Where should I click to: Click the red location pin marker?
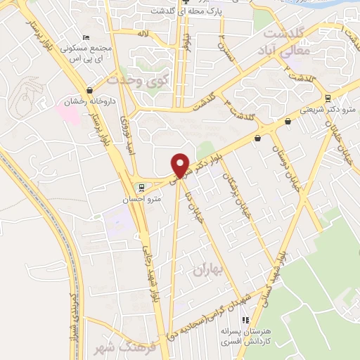[181, 165]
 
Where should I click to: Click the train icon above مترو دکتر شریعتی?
[329, 97]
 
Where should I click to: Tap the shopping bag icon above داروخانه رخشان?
[89, 90]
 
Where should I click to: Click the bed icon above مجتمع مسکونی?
[86, 37]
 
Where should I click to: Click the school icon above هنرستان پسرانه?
[265, 319]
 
